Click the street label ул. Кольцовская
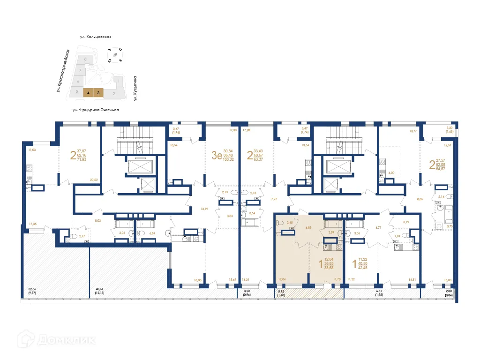pos(98,37)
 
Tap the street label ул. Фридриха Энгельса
pos(96,110)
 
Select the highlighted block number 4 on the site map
pos(88,93)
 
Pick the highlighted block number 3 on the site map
pos(98,93)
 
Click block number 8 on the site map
pos(85,59)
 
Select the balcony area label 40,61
pos(99,290)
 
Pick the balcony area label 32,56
pos(32,290)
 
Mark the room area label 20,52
pos(93,180)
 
